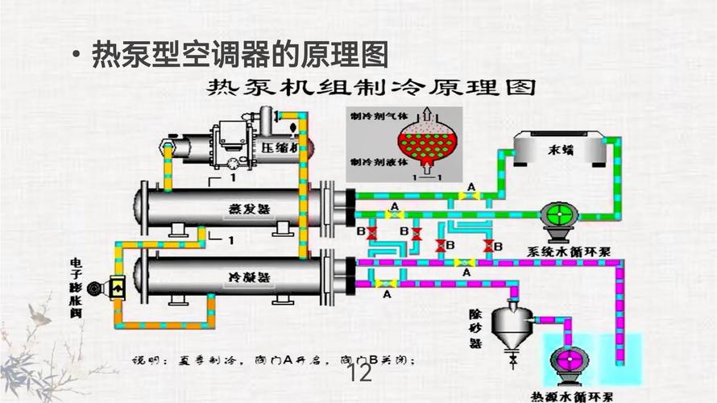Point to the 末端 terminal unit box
pyautogui.click(x=555, y=151)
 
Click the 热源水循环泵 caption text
pyautogui.click(x=572, y=397)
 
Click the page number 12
pyautogui.click(x=359, y=374)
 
